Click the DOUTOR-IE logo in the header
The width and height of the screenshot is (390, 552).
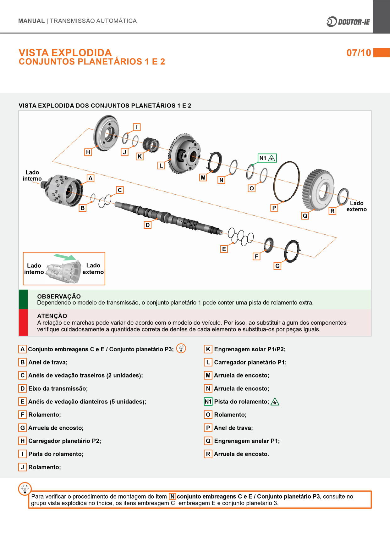pos(348,22)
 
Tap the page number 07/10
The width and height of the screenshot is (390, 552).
pos(359,53)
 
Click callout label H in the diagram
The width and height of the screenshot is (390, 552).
pos(88,152)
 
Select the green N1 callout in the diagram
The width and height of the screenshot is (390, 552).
pos(267,158)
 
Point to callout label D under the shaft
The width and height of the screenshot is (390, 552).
pos(148,225)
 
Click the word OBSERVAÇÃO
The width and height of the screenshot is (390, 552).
pos(59,296)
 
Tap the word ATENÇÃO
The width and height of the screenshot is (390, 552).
pos(52,316)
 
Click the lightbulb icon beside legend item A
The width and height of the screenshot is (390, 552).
pos(181,348)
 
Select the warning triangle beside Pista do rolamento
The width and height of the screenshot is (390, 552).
pos(275,402)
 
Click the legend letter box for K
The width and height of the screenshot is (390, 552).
pos(208,349)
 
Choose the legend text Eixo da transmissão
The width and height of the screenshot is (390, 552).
pos(58,388)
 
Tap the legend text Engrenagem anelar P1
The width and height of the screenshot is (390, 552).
pos(247,441)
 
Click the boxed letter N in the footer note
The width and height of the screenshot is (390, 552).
pos(172,496)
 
